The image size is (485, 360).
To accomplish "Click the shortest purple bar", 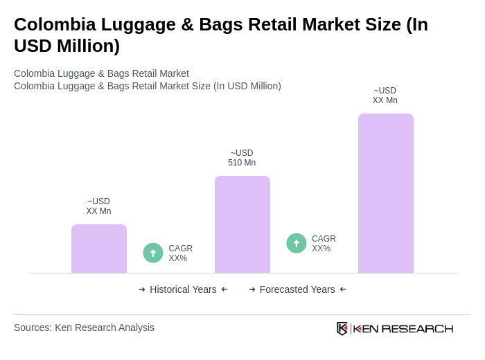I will point(99,249).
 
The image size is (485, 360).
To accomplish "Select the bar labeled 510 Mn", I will point(242,224).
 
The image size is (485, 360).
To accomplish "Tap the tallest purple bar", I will point(386,193).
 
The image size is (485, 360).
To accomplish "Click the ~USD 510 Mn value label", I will point(242,158).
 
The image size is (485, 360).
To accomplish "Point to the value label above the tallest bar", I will point(385,96).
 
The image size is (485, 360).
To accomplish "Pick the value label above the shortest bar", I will point(98,206).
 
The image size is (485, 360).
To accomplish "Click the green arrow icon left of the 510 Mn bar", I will point(153,253).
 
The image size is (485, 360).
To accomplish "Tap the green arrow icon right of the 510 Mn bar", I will point(297,243).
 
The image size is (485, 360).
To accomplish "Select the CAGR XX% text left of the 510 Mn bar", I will point(180,253).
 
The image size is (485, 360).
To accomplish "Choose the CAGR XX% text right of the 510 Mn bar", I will point(324,244).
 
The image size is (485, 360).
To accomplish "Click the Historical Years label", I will point(183,289).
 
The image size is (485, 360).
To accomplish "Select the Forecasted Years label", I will point(297,289).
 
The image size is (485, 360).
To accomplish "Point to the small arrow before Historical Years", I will point(142,289).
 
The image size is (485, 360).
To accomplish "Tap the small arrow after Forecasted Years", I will point(343,289).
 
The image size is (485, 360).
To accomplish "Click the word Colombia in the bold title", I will point(50,24).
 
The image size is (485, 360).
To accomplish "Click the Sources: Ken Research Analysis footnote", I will point(84,327).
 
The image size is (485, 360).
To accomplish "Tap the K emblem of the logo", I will point(342,328).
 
